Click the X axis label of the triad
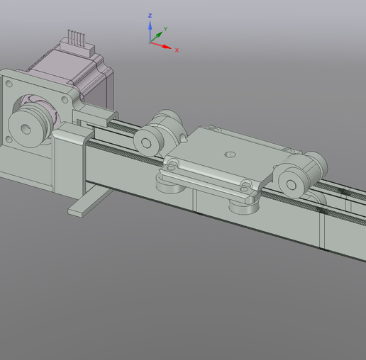(177, 50)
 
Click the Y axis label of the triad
(165, 30)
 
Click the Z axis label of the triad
(150, 15)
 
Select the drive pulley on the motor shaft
(30, 126)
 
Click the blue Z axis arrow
(150, 30)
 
